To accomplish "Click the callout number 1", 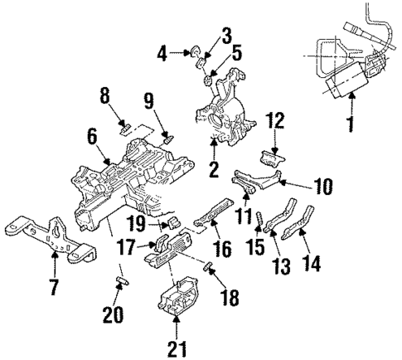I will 351,130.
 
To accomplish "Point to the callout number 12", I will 276,121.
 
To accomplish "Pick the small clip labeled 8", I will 126,127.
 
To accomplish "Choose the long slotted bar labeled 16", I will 212,214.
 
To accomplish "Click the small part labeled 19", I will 175,221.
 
